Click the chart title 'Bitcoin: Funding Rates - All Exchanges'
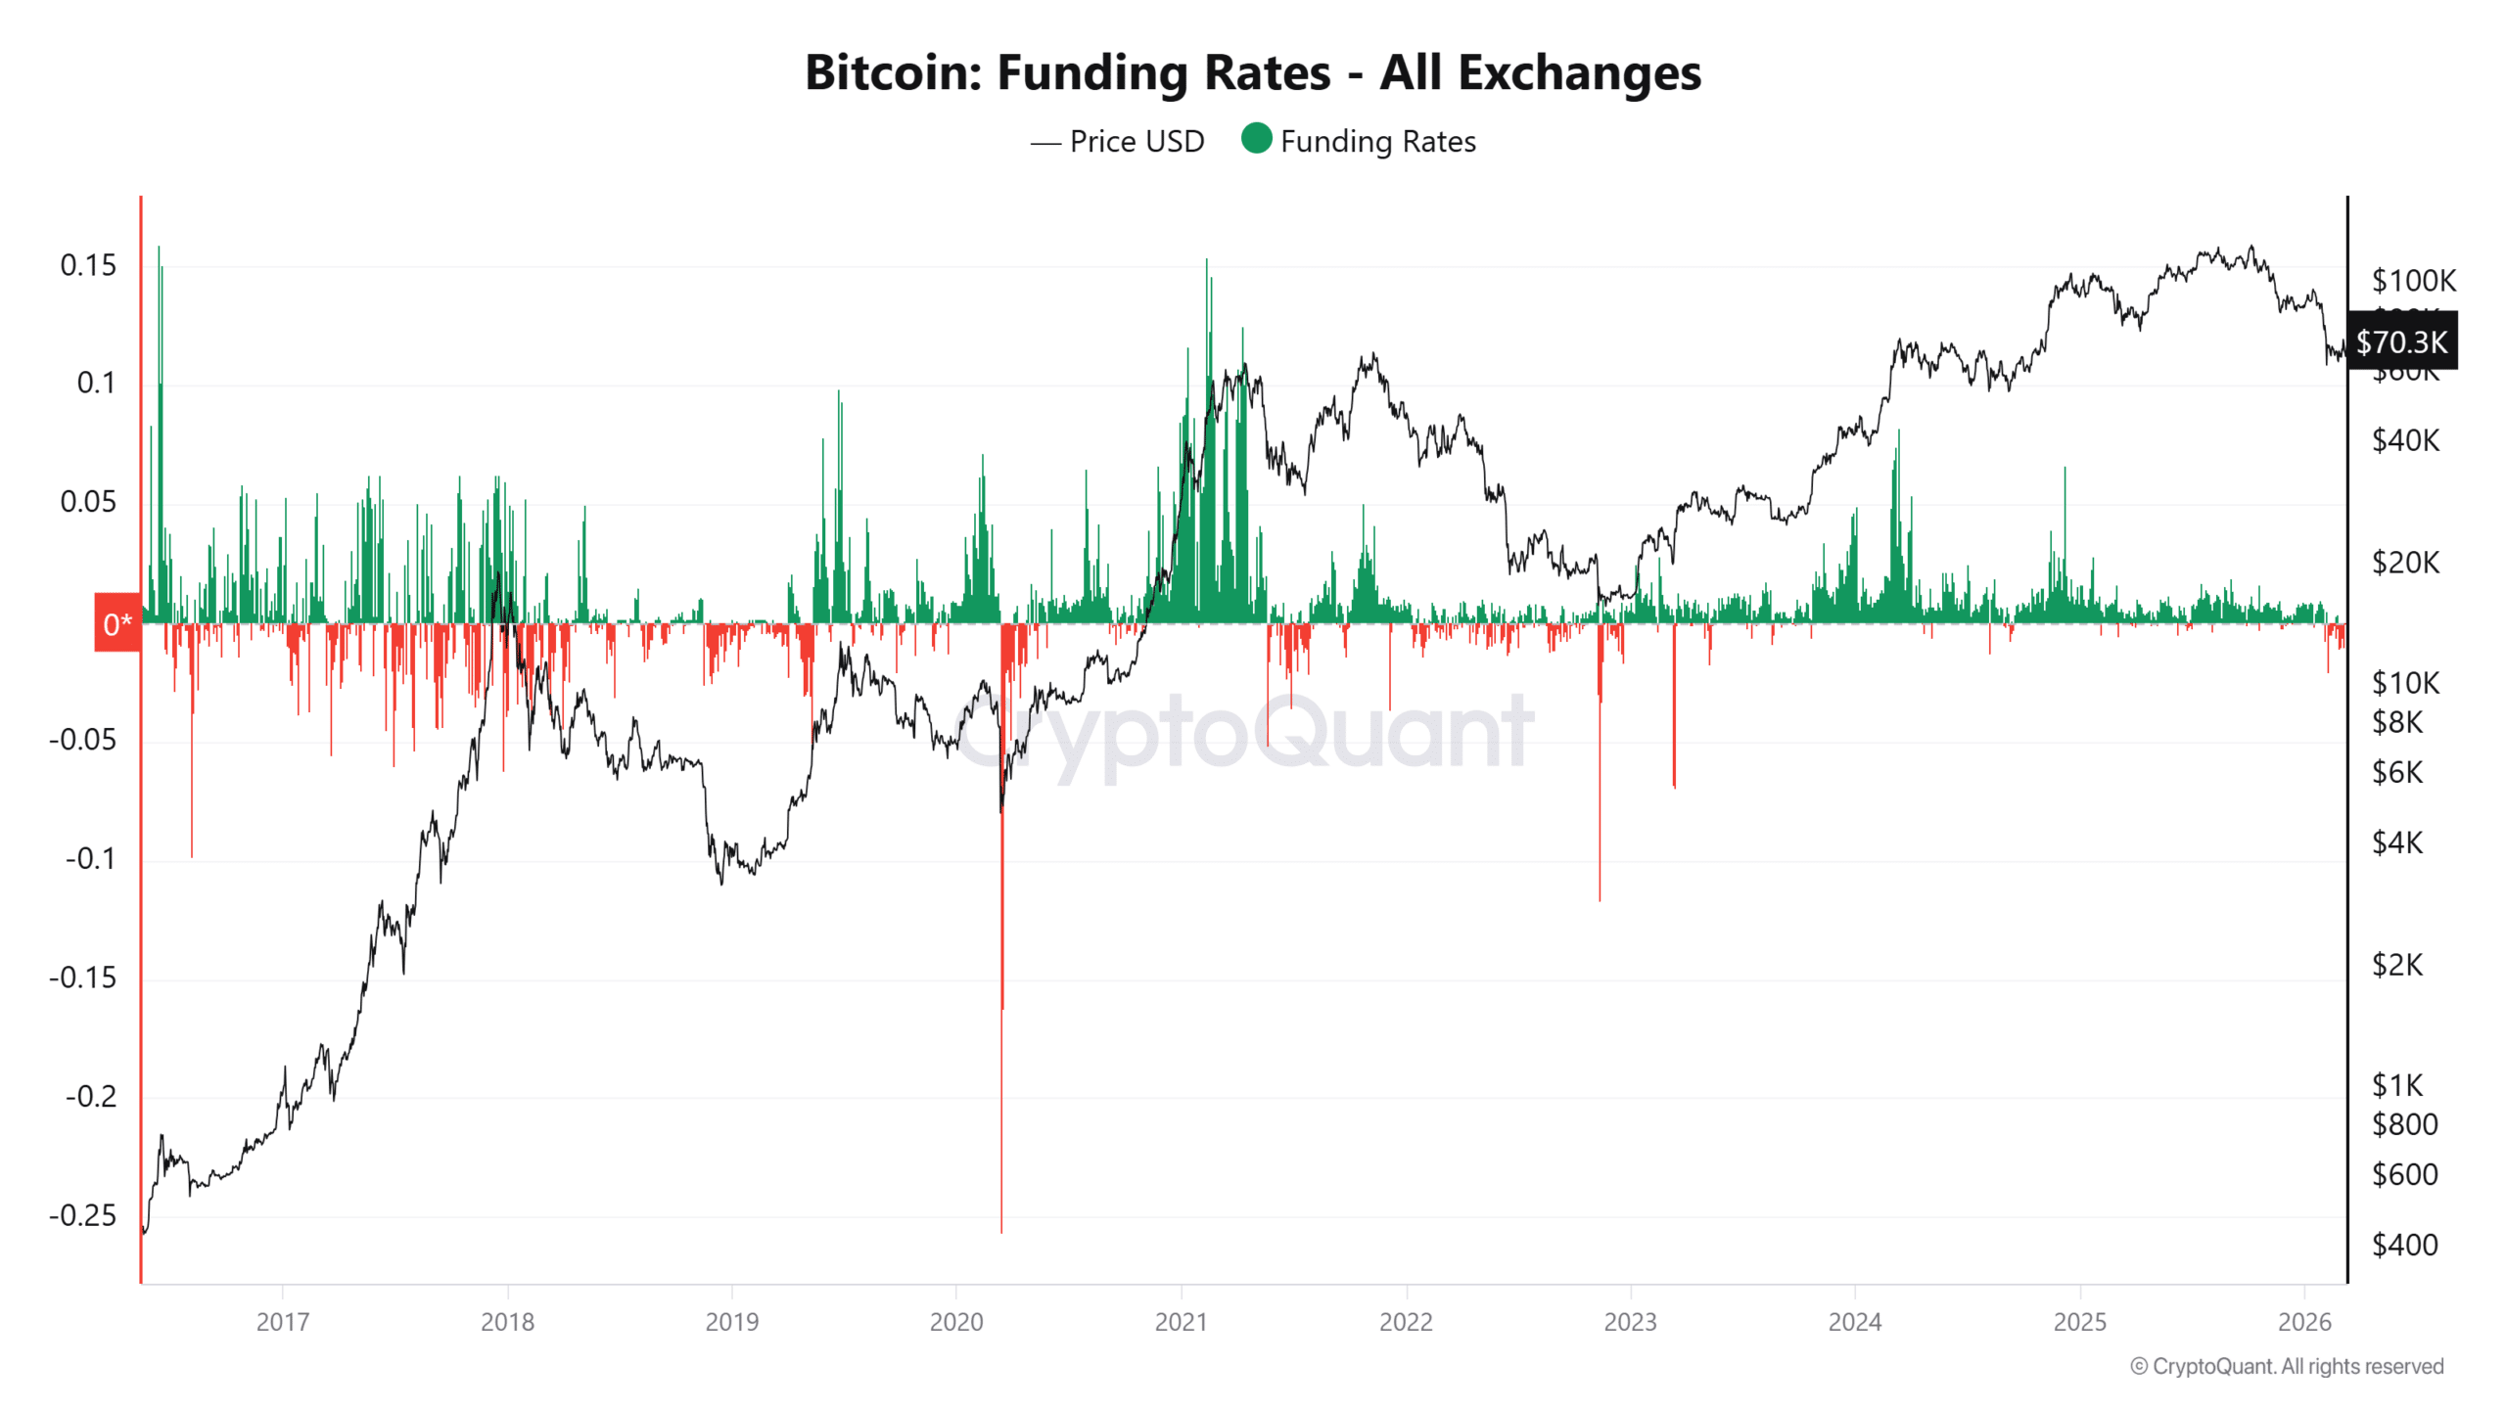click(1252, 72)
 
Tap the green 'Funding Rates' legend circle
click(1256, 139)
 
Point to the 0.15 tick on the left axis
click(88, 265)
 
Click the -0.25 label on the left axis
click(83, 1215)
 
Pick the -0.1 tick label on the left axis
click(90, 859)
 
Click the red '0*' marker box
click(117, 623)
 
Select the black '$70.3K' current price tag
click(2401, 341)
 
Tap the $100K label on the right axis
click(2413, 281)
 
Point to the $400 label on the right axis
click(2404, 1245)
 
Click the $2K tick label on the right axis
click(2396, 966)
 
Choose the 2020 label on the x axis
click(955, 1322)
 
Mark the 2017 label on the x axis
click(282, 1322)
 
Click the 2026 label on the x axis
click(2304, 1322)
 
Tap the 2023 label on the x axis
click(1630, 1322)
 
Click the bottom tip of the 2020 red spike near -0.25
click(1001, 1231)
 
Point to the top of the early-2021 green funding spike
click(1206, 260)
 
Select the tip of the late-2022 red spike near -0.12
click(1600, 899)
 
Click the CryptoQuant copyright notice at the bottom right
click(2287, 1366)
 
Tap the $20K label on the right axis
click(2405, 563)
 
